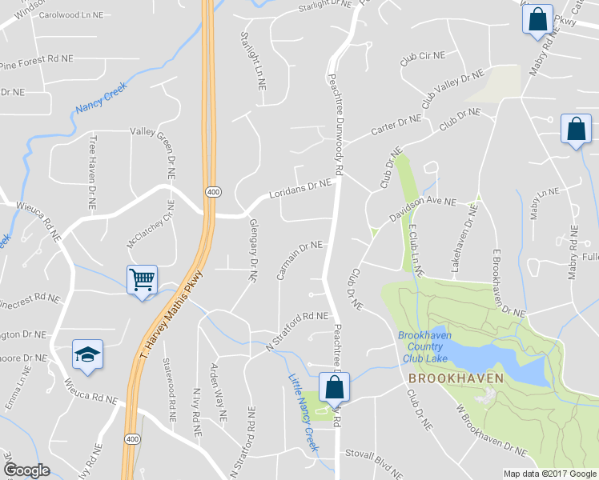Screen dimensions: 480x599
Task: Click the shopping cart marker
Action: (x=142, y=280)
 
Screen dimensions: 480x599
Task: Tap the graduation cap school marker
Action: (x=87, y=354)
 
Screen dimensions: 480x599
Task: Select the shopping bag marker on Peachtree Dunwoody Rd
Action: (x=334, y=389)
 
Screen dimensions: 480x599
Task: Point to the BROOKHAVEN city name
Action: (x=455, y=378)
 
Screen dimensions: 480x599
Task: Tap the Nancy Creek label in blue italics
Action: (x=101, y=101)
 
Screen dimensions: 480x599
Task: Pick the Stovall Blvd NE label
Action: (x=376, y=453)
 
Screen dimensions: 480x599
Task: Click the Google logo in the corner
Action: (x=26, y=470)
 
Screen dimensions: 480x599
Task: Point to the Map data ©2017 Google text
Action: (x=550, y=474)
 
